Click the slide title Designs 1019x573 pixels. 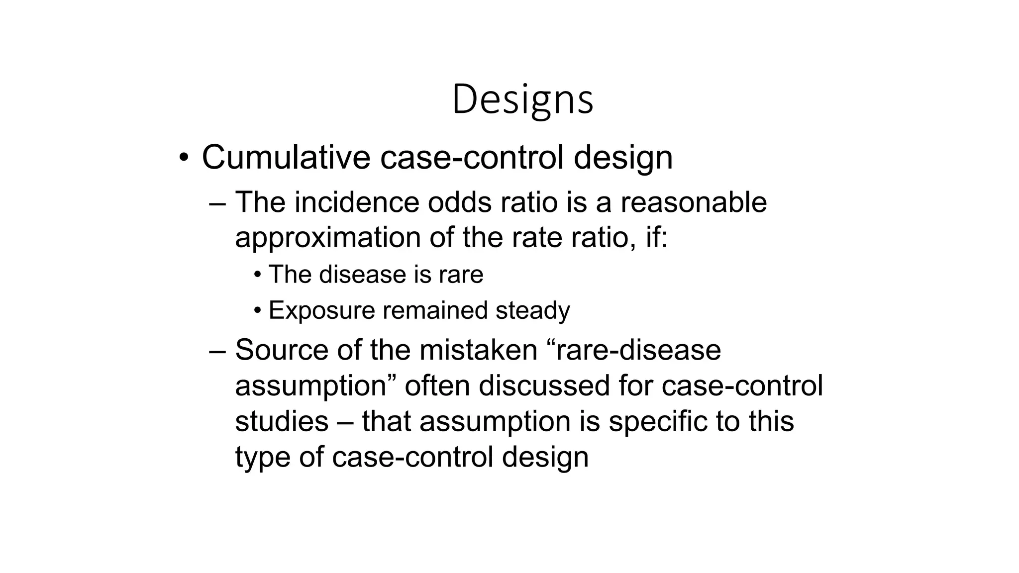pyautogui.click(x=522, y=99)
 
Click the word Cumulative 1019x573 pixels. pyautogui.click(x=286, y=157)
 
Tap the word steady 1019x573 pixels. pyautogui.click(x=532, y=310)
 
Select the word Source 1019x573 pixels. pyautogui.click(x=281, y=350)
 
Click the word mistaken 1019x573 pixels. pyautogui.click(x=478, y=350)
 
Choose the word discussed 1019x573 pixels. pyautogui.click(x=544, y=386)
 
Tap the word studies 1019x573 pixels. pyautogui.click(x=282, y=421)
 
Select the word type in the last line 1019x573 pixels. pyautogui.click(x=263, y=457)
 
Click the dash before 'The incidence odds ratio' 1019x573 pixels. pyautogui.click(x=217, y=203)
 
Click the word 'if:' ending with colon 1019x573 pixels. pyautogui.click(x=657, y=237)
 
